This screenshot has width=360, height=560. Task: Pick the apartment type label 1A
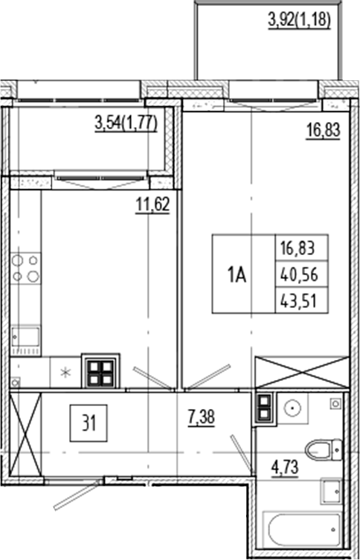click(237, 275)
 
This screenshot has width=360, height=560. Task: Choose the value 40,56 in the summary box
click(298, 274)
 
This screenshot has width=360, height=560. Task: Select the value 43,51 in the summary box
click(298, 300)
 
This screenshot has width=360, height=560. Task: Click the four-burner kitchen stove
click(25, 269)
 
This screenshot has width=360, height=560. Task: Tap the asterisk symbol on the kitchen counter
click(65, 371)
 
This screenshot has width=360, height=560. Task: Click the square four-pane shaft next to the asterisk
click(100, 371)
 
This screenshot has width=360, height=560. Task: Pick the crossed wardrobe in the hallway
click(26, 434)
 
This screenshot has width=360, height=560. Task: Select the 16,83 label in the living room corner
click(323, 132)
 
